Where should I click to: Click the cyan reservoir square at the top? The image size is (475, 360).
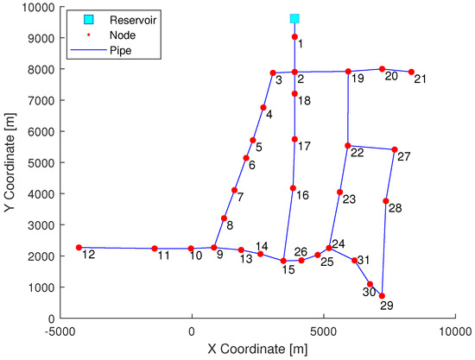click(x=294, y=18)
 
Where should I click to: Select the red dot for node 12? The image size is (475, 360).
click(x=79, y=247)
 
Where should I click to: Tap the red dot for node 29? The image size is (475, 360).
click(x=382, y=296)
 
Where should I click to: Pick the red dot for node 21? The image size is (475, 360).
click(x=411, y=72)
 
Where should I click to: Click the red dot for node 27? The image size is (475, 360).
click(x=395, y=149)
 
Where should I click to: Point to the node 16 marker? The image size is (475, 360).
click(x=293, y=188)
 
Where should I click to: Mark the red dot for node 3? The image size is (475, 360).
click(x=273, y=73)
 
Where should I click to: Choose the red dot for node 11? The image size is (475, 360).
click(x=155, y=249)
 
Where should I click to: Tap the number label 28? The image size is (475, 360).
click(x=396, y=208)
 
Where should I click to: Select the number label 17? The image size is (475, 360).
click(x=304, y=146)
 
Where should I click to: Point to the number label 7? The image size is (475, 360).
click(x=240, y=198)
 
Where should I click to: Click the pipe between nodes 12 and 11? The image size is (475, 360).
click(x=117, y=248)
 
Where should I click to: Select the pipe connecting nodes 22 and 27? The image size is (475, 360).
click(x=371, y=148)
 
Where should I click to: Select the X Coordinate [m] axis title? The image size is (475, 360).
click(x=257, y=348)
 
